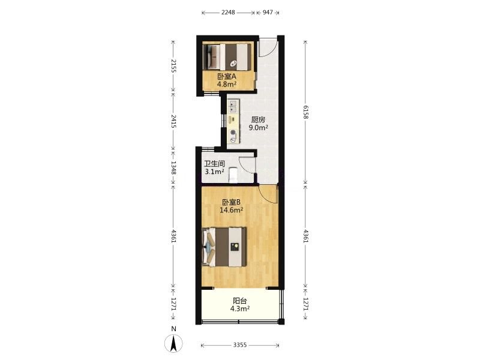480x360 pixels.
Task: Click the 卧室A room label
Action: (227, 76)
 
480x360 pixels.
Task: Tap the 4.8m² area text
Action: (227, 84)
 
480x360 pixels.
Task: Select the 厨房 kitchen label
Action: (259, 119)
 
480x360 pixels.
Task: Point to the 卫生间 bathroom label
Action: (214, 164)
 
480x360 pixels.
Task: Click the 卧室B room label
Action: (231, 202)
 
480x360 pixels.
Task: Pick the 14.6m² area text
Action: (232, 210)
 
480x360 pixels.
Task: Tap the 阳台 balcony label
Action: (239, 301)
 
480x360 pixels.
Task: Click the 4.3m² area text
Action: (239, 309)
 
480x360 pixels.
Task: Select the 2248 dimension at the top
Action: (228, 13)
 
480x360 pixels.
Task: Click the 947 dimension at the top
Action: (268, 13)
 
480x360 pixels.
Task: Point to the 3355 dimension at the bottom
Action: (239, 345)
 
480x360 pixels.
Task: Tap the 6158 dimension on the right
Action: (306, 112)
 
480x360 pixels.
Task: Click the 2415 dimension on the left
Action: (173, 122)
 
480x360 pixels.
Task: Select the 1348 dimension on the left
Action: (173, 168)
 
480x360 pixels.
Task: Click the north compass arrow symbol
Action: (173, 343)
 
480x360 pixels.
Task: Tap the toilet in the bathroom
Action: (233, 175)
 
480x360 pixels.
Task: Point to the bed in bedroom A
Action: (227, 57)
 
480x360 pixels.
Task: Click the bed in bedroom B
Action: (224, 247)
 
